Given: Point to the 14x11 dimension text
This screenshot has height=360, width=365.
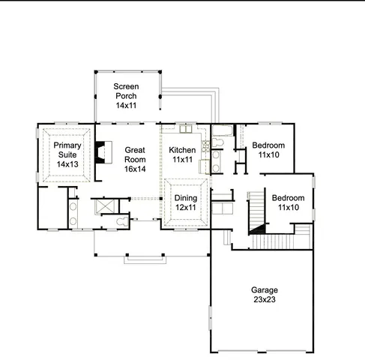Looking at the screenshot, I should [126, 106].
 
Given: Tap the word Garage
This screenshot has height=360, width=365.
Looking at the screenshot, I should [265, 290].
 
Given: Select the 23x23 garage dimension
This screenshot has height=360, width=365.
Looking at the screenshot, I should [265, 300].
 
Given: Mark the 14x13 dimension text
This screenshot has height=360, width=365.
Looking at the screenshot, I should [67, 164].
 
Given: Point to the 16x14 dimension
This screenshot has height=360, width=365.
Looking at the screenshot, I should [135, 169].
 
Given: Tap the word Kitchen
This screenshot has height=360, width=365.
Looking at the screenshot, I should [182, 150].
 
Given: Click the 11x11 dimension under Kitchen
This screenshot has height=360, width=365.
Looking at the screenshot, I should [182, 160].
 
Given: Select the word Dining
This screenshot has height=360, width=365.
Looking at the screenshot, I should [186, 197].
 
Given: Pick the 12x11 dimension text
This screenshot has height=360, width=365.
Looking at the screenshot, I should [186, 207].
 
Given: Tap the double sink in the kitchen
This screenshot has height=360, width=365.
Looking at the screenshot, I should [185, 129].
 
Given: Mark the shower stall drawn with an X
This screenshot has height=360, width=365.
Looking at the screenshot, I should [102, 205].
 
